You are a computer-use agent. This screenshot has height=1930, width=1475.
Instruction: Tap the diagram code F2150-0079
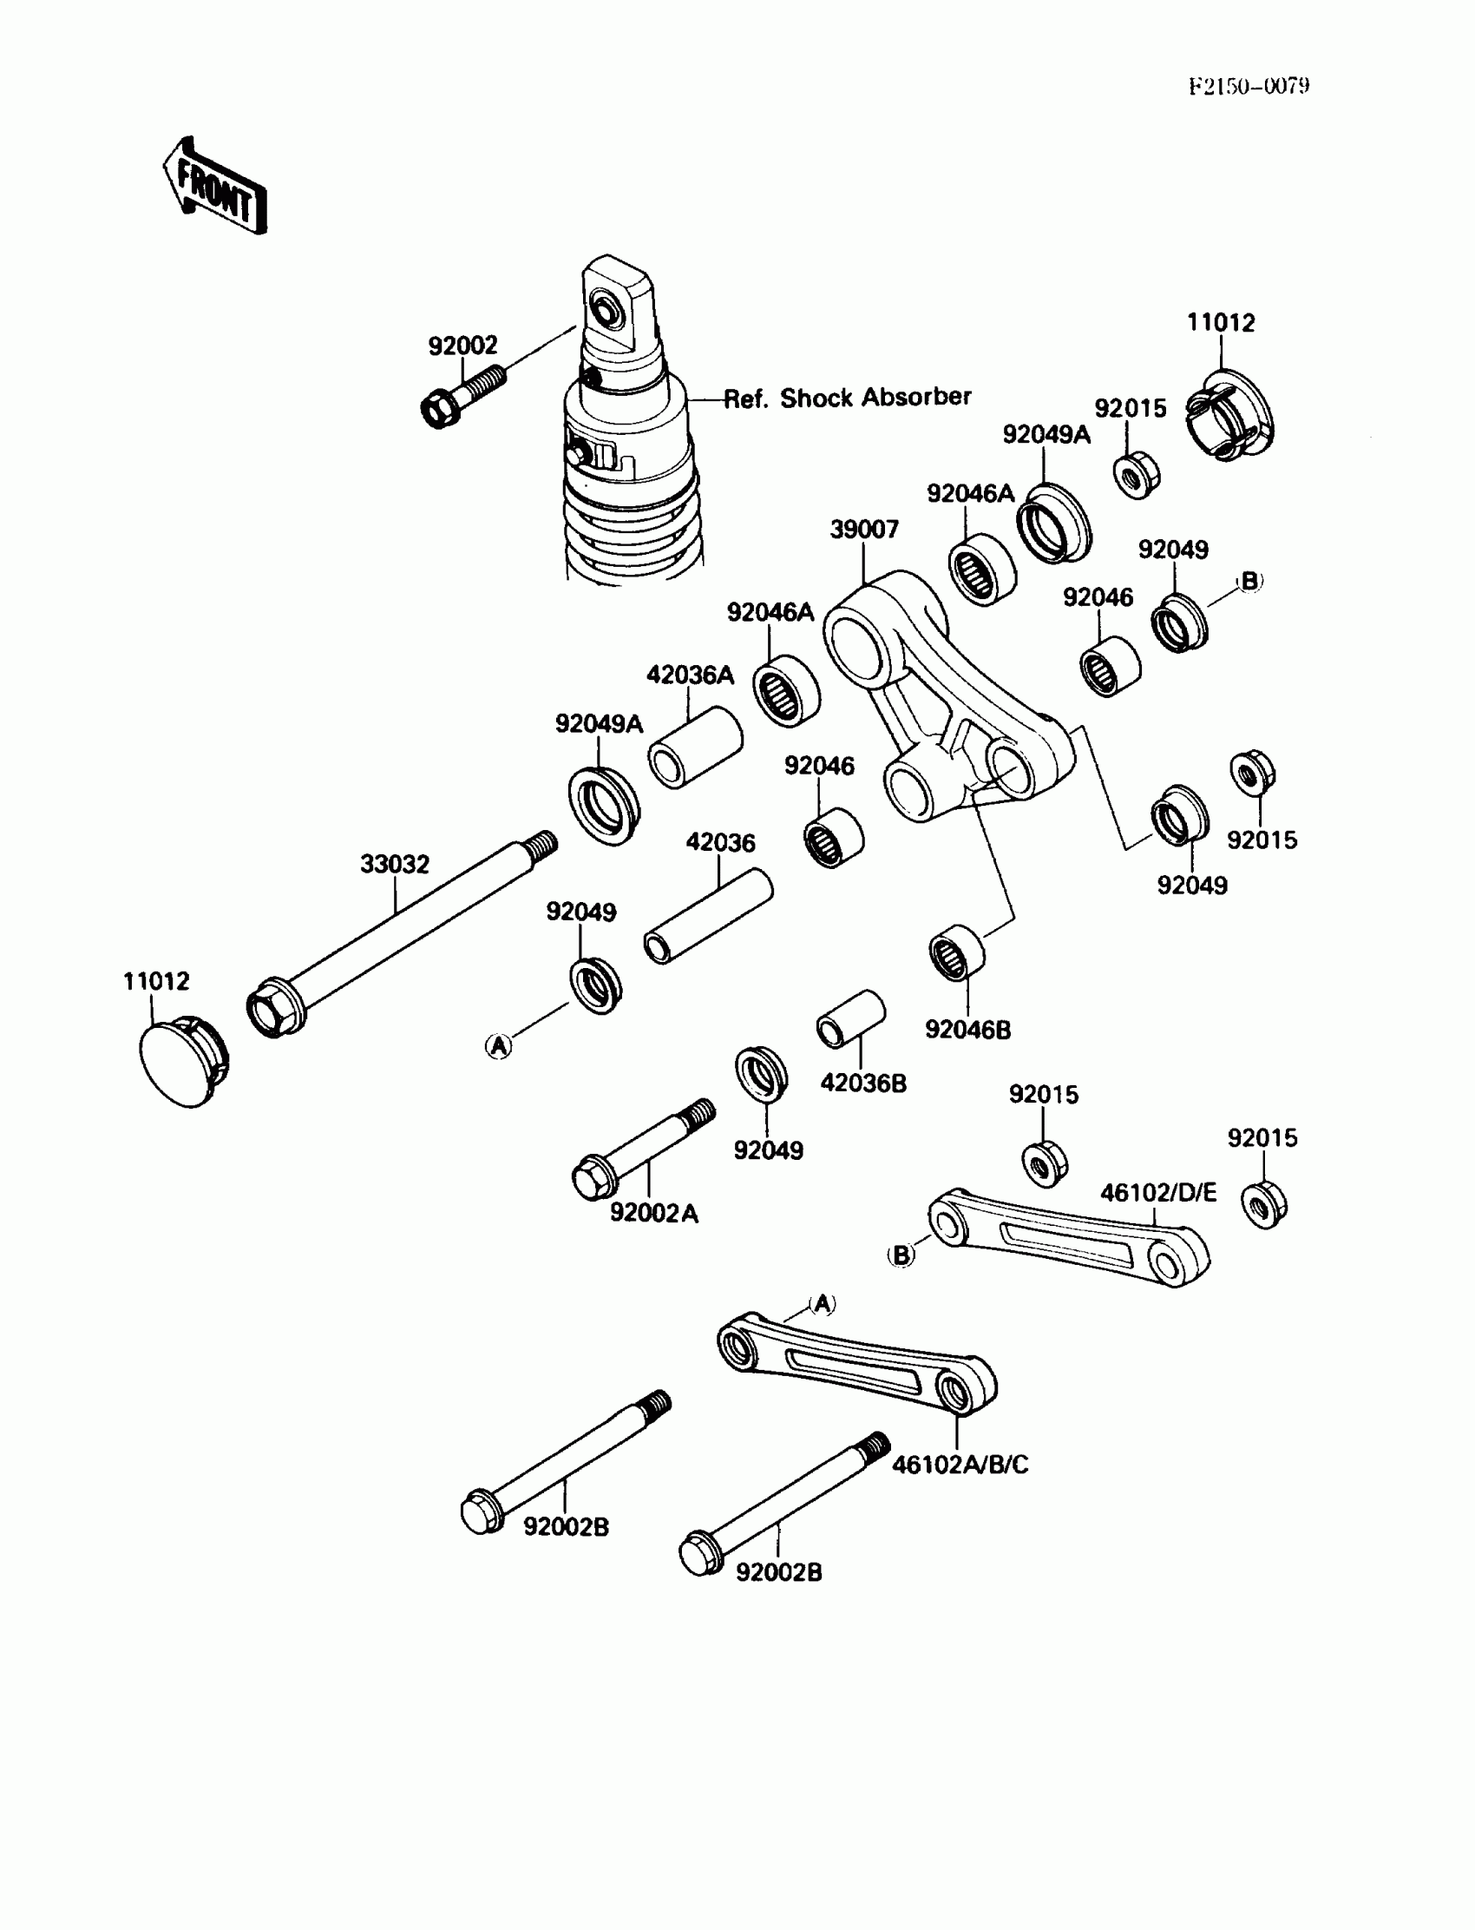click(1249, 86)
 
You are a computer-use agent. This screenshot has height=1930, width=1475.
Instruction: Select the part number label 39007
click(864, 530)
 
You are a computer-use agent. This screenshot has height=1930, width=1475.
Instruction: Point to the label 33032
click(394, 865)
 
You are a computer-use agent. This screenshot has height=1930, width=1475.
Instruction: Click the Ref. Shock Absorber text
click(847, 398)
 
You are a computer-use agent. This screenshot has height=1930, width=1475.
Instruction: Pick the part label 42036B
click(863, 1084)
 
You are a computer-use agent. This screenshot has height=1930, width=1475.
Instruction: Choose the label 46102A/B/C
click(960, 1465)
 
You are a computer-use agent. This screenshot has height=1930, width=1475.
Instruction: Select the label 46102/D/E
click(1158, 1193)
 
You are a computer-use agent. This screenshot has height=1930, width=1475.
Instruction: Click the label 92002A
click(654, 1213)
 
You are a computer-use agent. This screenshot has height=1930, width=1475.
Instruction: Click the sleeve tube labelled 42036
click(708, 917)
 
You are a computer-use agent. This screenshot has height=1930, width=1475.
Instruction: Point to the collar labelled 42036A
click(694, 748)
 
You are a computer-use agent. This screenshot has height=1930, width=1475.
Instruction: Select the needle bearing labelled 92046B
click(956, 952)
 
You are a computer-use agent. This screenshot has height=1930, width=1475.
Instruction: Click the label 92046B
click(967, 1030)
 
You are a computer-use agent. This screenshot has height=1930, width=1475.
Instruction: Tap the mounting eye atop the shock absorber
click(616, 303)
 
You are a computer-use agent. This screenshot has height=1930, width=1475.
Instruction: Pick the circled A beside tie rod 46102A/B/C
click(822, 1305)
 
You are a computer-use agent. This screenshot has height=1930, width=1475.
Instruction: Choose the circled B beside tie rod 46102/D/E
click(901, 1255)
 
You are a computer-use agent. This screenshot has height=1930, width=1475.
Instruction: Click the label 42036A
click(689, 675)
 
